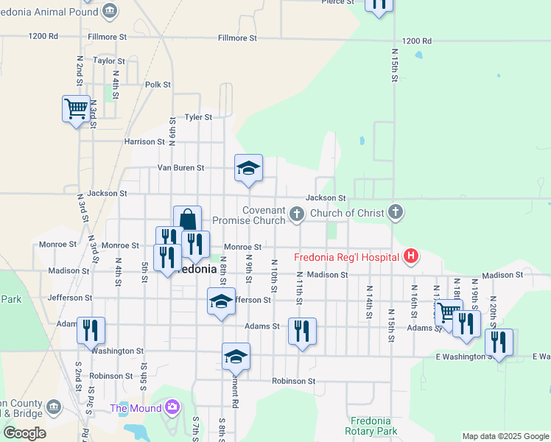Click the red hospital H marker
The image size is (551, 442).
pos(411,256)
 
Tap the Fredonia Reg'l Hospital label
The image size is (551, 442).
pos(346,257)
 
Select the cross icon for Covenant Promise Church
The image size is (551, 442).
pos(296,214)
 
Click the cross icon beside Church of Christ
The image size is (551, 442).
pos(396,214)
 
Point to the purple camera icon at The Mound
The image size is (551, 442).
pos(172,407)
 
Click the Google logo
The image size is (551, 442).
pos(24,433)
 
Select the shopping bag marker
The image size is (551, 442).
pos(187,220)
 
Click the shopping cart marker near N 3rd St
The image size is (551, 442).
pos(76,109)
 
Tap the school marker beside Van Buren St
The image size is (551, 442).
pos(248,168)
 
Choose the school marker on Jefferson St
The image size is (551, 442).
pos(221,302)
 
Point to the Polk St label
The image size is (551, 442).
pos(158,85)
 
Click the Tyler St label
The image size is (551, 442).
pos(197,117)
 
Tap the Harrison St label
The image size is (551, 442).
pos(144,141)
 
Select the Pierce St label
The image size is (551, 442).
pos(337,2)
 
